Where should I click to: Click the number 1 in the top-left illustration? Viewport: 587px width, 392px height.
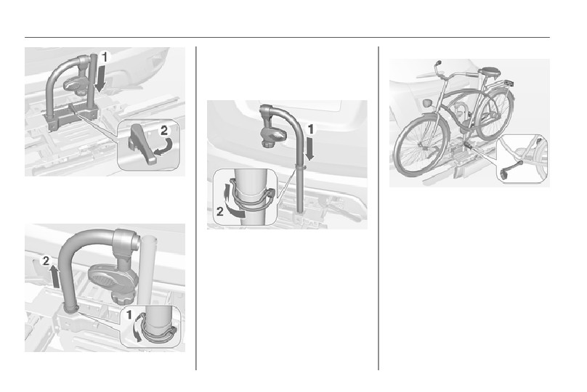click(x=105, y=57)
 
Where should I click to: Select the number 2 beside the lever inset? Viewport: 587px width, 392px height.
click(x=164, y=131)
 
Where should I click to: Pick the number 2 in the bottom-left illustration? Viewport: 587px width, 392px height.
click(x=46, y=261)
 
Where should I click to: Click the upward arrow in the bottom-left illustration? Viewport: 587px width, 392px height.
click(x=54, y=277)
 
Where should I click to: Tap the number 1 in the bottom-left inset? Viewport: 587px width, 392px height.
click(x=129, y=315)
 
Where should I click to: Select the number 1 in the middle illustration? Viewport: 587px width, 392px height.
click(x=310, y=129)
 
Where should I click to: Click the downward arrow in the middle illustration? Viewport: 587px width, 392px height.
click(x=309, y=149)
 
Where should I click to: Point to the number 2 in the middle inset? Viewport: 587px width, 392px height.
click(x=220, y=212)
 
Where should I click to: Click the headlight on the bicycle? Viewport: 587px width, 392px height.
click(x=426, y=102)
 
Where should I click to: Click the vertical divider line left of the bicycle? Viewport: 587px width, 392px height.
click(x=378, y=208)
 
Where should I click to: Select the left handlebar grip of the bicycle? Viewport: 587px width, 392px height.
click(x=439, y=63)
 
